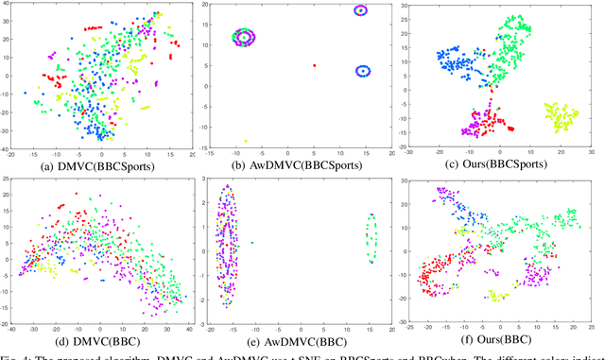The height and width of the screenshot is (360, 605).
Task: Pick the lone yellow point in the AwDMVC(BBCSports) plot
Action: pyautogui.click(x=246, y=141)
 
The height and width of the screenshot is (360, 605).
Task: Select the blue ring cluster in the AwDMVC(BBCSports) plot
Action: pyautogui.click(x=362, y=71)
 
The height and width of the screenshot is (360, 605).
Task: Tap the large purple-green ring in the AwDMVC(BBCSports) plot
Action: pyautogui.click(x=245, y=38)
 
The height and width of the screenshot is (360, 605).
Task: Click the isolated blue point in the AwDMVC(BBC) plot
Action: pyautogui.click(x=252, y=244)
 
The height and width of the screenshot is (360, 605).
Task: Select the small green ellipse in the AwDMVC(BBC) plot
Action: pyautogui.click(x=372, y=238)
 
